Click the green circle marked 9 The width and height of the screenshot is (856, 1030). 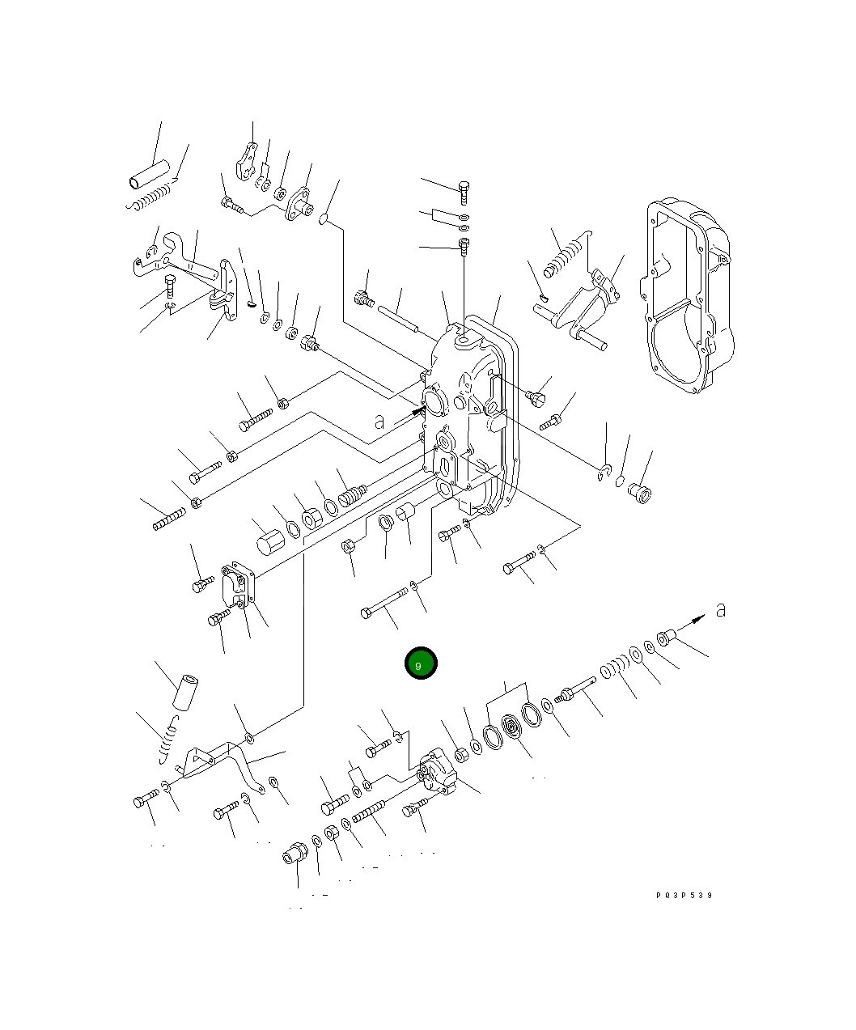tap(421, 663)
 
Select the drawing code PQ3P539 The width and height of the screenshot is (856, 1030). tap(684, 895)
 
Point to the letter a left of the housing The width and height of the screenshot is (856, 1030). tap(379, 422)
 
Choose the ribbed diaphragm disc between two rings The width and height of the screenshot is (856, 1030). tap(512, 726)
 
